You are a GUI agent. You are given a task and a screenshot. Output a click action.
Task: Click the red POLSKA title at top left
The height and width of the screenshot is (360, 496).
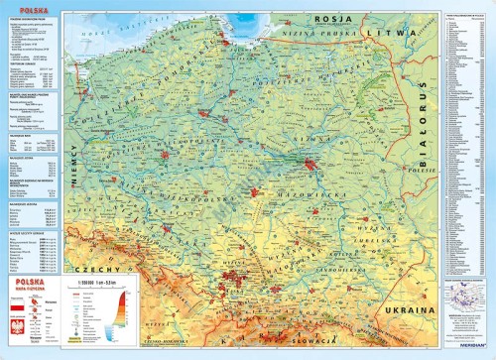(22, 9)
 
